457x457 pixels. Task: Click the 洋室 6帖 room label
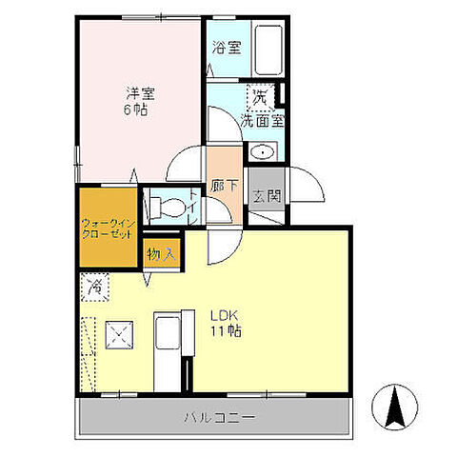(x=138, y=102)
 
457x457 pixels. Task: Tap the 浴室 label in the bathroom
(x=227, y=48)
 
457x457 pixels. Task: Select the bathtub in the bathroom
(x=268, y=50)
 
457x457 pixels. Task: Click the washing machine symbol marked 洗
(x=261, y=97)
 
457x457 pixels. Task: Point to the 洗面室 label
(x=262, y=121)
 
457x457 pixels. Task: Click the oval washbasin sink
(x=262, y=153)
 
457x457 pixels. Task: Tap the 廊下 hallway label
(x=225, y=186)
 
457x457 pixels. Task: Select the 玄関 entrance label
(x=267, y=196)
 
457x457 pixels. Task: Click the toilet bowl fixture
(x=167, y=208)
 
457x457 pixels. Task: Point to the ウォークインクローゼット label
(x=109, y=229)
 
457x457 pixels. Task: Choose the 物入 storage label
(x=161, y=254)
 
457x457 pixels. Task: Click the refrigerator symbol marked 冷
(x=95, y=287)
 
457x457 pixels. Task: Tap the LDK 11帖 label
(x=226, y=324)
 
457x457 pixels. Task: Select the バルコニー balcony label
(x=220, y=417)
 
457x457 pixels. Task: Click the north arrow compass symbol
(x=395, y=407)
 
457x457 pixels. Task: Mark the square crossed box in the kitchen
(x=119, y=335)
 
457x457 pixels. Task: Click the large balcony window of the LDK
(x=267, y=395)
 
